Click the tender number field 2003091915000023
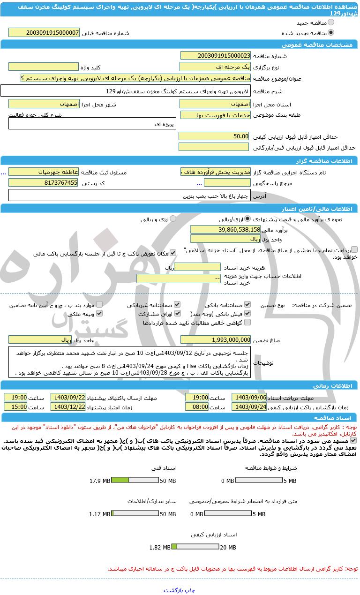215,56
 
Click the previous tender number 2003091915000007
44,33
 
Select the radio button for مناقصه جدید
331,23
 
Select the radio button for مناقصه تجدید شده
331,33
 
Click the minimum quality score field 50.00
214,136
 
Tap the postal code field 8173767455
44,183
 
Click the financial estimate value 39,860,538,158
225,229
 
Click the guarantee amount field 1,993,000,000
216,339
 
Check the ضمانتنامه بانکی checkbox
247,305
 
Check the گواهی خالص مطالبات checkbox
247,323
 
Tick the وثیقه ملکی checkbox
99,314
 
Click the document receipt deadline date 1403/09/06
249,397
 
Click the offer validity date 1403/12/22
68,407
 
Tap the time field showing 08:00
197,407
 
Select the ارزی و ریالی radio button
173,218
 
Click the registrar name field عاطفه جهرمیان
44,172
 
